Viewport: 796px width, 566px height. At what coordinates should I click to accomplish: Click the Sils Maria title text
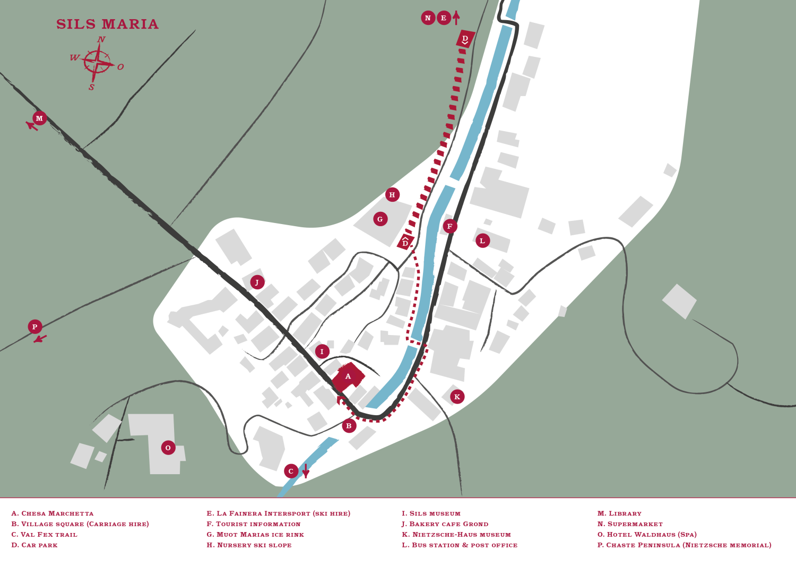coord(107,24)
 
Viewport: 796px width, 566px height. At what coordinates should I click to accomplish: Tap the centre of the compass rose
coord(98,63)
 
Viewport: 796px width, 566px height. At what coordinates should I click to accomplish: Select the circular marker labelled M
coord(39,118)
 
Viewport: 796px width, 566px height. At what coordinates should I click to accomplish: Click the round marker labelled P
coord(35,327)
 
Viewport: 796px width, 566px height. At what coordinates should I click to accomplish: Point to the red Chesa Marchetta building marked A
coord(348,377)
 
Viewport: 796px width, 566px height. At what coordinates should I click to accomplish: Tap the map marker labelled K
coord(457,397)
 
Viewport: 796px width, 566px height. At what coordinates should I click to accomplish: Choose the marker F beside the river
coord(450,226)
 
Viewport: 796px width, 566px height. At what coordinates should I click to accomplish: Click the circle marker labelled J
coord(257,282)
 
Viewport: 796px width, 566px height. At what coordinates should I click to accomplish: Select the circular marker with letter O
coord(168,448)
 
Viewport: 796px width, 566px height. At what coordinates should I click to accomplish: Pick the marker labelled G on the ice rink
coord(380,219)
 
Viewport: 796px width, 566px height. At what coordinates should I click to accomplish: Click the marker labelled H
coord(392,194)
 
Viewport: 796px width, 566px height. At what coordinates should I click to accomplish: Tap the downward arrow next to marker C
coord(306,471)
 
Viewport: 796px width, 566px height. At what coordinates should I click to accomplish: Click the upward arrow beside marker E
coord(456,18)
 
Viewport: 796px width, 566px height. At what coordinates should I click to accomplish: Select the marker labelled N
coord(428,18)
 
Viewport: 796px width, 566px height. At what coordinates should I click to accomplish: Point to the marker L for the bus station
coord(482,241)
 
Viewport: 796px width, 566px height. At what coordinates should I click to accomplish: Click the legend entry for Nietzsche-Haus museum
coord(456,535)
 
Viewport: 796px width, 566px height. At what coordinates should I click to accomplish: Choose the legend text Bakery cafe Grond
coord(445,524)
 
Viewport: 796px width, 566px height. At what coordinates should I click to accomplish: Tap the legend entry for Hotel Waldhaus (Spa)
coord(647,535)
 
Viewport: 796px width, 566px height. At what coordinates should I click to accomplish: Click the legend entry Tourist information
coord(254,524)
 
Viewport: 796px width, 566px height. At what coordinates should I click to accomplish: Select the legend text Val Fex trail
coord(44,535)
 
